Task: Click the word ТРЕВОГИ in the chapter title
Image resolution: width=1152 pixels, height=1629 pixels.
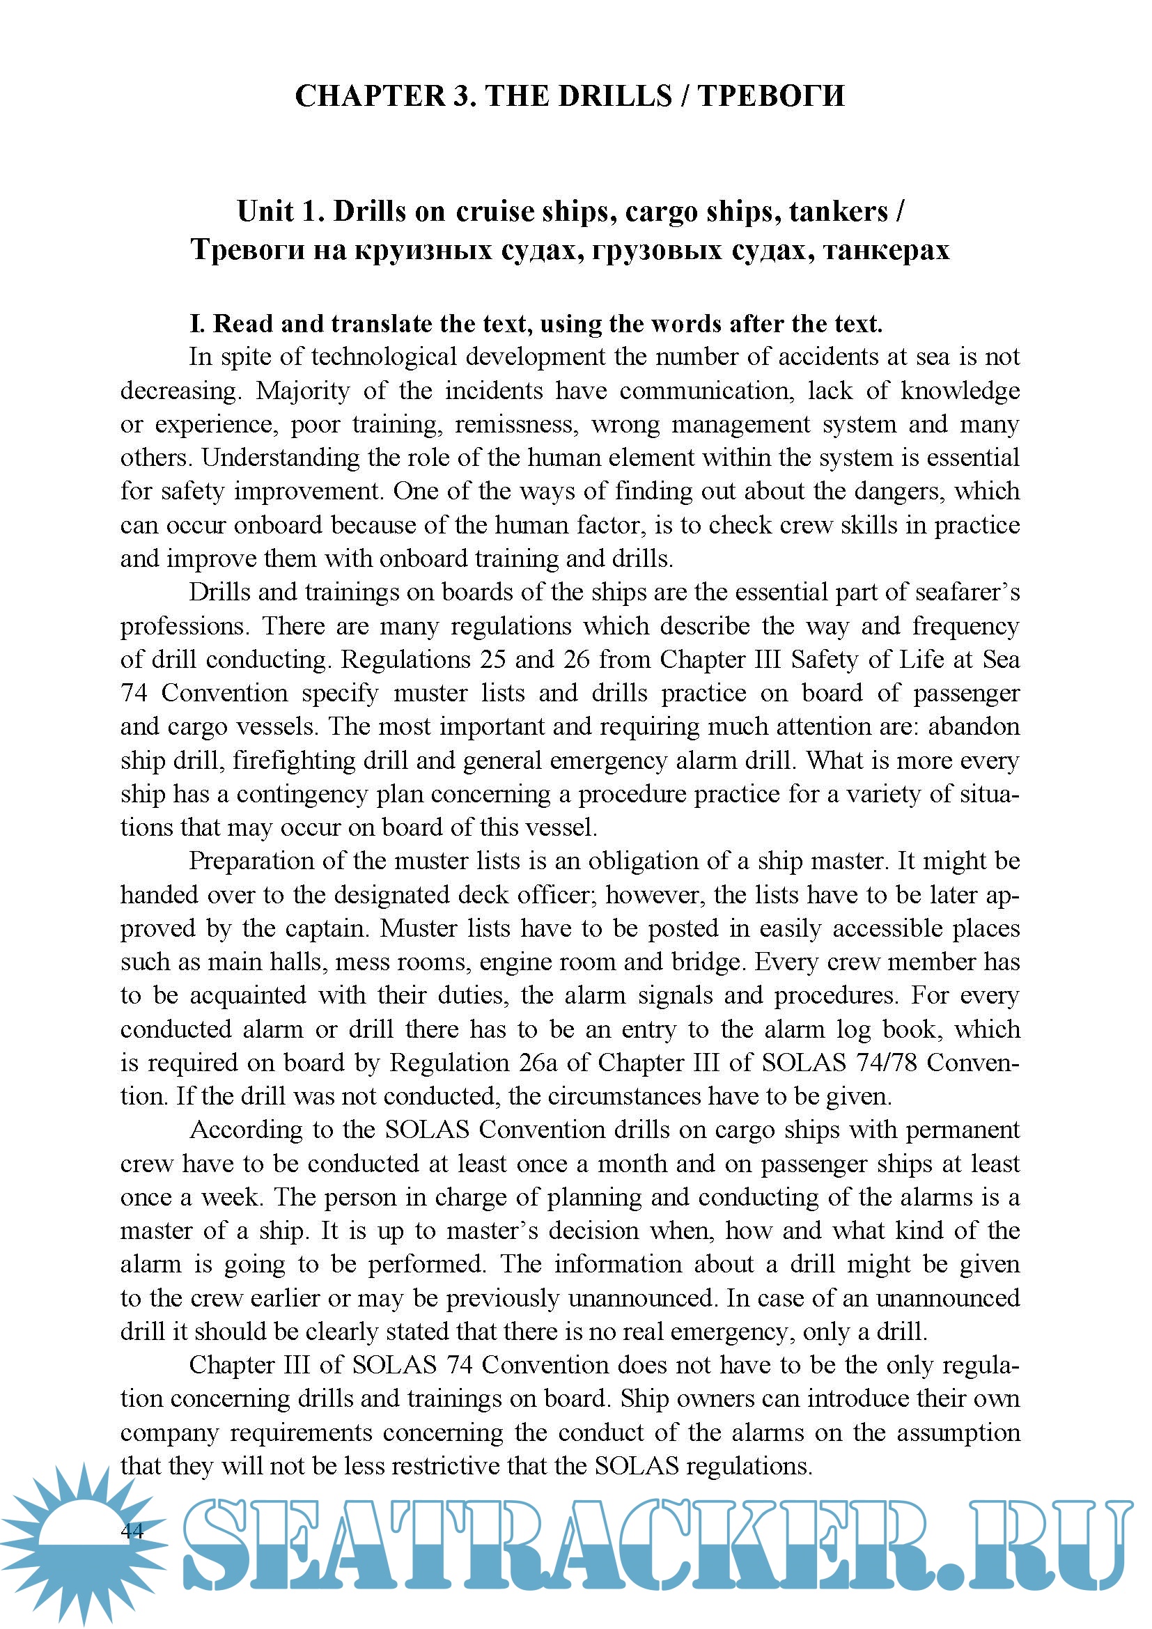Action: coord(771,96)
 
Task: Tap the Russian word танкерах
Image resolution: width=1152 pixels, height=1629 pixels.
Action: coord(886,250)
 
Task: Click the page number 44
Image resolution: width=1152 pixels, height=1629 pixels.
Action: coord(132,1531)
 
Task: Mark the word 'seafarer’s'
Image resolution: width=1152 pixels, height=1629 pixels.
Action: coord(967,593)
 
